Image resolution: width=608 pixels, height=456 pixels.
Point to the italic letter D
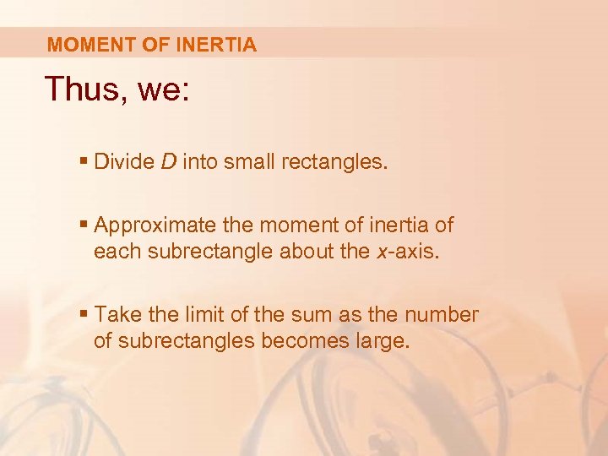168,161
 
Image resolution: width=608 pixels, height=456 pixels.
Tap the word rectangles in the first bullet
336,162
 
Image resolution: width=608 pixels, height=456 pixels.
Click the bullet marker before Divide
86,161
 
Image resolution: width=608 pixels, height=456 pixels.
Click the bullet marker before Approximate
86,225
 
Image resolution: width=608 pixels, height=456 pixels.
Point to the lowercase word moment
290,225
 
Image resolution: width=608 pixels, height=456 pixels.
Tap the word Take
116,315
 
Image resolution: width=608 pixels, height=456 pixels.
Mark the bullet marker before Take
86,315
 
